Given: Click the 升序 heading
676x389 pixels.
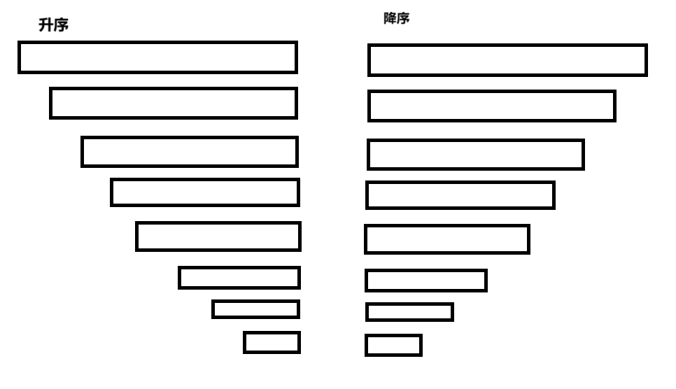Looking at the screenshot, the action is click(x=53, y=27).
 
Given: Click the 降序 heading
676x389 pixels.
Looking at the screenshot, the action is click(x=396, y=19).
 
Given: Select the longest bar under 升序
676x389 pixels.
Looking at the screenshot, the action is click(x=157, y=57).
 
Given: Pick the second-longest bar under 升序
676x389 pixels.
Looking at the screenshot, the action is click(x=173, y=104).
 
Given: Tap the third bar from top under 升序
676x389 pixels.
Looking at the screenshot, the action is click(x=189, y=152).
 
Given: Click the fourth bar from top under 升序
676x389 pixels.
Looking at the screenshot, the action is click(x=204, y=192).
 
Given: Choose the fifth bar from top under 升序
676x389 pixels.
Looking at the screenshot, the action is click(x=218, y=236).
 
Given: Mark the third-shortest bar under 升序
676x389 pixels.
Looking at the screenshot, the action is click(x=239, y=278).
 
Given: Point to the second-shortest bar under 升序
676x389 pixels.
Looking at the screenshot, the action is click(x=255, y=309).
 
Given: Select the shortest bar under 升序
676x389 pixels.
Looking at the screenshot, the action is click(x=272, y=342).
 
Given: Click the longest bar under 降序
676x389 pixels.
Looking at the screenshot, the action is click(x=507, y=60).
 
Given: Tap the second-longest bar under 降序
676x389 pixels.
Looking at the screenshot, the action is click(x=491, y=106).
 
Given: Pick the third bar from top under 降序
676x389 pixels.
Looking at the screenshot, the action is click(x=475, y=155).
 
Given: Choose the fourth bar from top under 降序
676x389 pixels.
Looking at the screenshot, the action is click(x=460, y=195).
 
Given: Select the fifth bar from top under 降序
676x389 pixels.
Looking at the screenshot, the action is click(x=446, y=239).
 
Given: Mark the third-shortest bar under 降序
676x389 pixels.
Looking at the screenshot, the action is click(x=425, y=281).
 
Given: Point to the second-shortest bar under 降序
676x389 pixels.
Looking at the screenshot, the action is click(x=409, y=312).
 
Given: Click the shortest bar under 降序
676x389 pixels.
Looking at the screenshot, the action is click(x=393, y=345).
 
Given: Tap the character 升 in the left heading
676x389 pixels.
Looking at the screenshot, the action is click(x=45, y=27).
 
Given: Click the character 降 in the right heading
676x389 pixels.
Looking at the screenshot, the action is click(x=390, y=19).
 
